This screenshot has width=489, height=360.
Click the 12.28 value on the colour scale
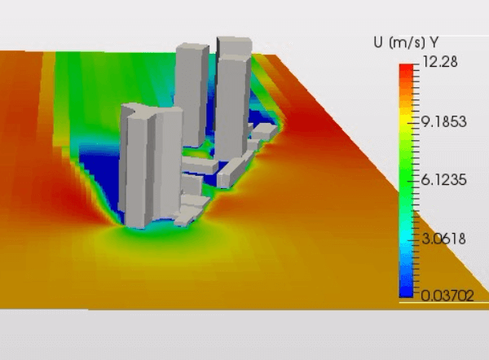440,62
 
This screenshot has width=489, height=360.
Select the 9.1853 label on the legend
444,121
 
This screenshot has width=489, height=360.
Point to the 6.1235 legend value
444,180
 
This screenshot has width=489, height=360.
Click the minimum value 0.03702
447,295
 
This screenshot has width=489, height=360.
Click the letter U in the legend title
378,42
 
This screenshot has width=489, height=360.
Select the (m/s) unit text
407,42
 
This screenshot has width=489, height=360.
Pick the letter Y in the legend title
434,42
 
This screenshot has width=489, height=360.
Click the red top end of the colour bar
407,69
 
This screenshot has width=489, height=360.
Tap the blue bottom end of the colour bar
407,291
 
